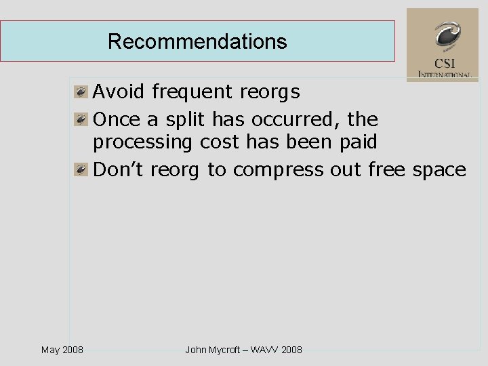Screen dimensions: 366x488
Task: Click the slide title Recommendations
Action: (x=197, y=41)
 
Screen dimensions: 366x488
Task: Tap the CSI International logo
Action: (x=443, y=45)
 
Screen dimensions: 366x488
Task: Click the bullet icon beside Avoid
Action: (x=81, y=91)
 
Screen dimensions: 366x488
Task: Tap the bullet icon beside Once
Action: (x=81, y=119)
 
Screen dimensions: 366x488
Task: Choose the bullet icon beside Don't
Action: (x=81, y=169)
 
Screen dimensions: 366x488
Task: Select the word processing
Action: (x=143, y=143)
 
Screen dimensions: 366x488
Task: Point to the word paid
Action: (x=358, y=142)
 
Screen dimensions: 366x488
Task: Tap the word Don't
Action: (x=119, y=169)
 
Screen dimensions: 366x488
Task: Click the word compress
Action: (x=279, y=170)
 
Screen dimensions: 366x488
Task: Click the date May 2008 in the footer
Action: (x=62, y=350)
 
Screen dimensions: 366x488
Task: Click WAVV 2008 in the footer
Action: (x=277, y=350)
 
